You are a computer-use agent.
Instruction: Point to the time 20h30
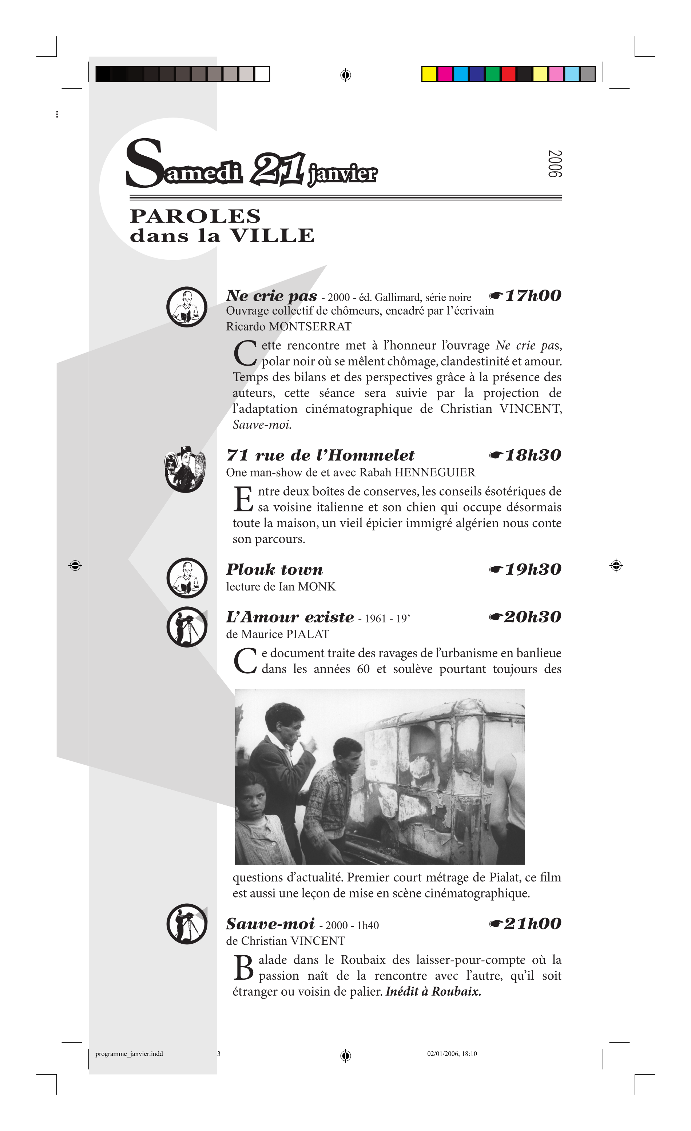(x=533, y=617)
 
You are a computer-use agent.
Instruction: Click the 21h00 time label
(x=533, y=924)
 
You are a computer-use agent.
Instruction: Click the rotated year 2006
(x=555, y=163)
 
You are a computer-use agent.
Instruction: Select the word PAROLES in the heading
(x=195, y=216)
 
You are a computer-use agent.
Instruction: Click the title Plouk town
(x=275, y=570)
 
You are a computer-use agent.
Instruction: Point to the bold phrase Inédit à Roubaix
(x=433, y=991)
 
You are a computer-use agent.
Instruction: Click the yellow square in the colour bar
(x=429, y=74)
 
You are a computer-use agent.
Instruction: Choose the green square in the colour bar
(x=493, y=74)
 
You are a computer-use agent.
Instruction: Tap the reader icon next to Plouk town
(x=187, y=578)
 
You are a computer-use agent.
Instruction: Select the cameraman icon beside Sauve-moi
(x=187, y=924)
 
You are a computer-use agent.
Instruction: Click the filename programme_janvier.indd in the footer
(x=129, y=1054)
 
